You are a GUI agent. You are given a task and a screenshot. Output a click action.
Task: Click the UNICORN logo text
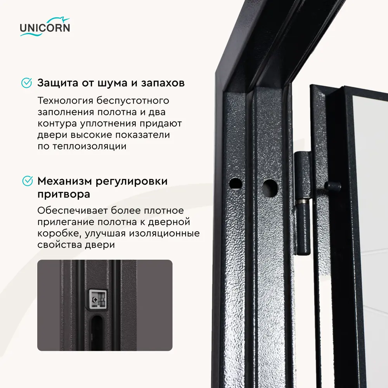pos(45,28)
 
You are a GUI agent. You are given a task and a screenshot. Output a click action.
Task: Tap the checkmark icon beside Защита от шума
pos(26,83)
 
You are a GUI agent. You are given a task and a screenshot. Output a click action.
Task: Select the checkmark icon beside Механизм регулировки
pos(26,181)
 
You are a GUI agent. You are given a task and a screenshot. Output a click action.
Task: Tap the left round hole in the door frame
pos(235,184)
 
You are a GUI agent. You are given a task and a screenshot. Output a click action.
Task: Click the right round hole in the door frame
pos(270,187)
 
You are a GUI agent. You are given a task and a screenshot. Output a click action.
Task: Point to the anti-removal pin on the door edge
pos(333,185)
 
